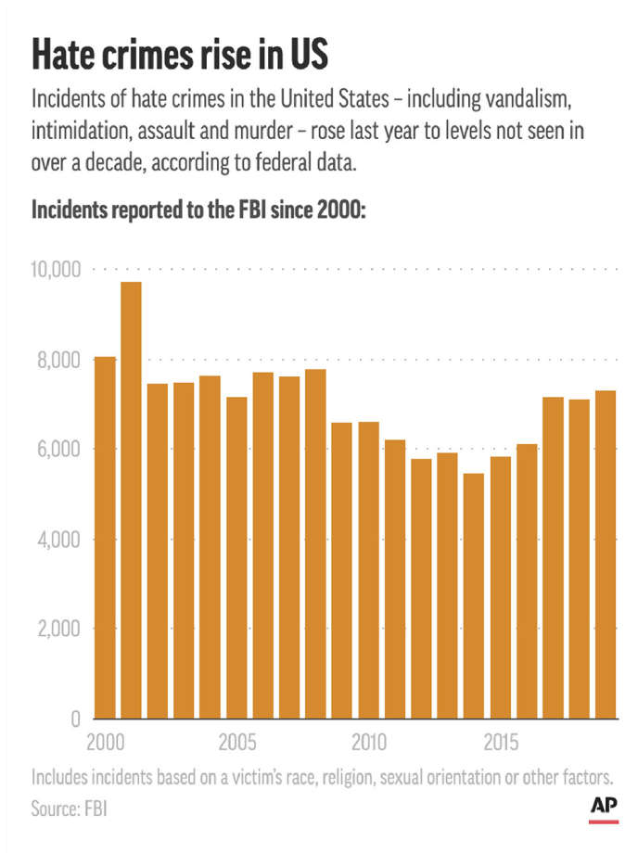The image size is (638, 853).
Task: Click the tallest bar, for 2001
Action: click(x=131, y=501)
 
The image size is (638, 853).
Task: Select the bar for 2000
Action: click(x=105, y=538)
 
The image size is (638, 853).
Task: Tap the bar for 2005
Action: click(x=236, y=557)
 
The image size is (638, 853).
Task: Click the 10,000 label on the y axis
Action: click(x=57, y=270)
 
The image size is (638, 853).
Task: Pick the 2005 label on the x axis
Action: click(x=238, y=744)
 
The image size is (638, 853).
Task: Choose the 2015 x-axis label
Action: click(x=502, y=744)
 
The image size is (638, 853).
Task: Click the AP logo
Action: click(x=605, y=808)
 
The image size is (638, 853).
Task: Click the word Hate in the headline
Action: click(x=65, y=56)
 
